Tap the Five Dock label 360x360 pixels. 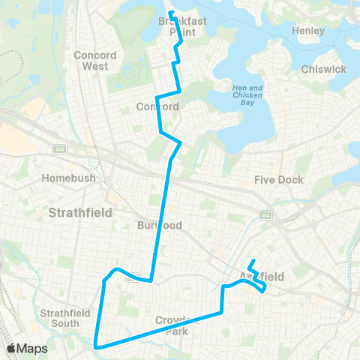tap(278, 180)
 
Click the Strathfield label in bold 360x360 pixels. tap(79, 212)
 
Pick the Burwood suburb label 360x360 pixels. tap(160, 225)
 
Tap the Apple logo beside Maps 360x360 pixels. tap(12, 348)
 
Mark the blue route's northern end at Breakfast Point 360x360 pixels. tap(170, 12)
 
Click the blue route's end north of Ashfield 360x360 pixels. tap(253, 261)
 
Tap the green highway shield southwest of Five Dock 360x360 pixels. tap(265, 215)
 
